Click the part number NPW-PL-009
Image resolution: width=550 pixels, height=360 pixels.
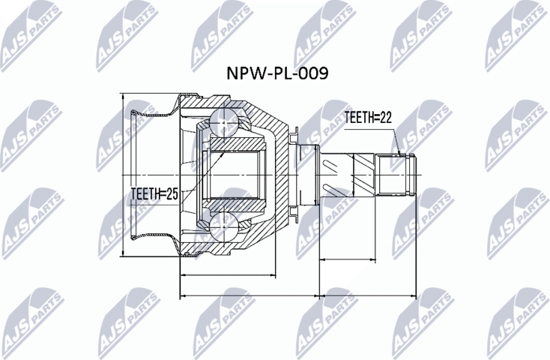277,73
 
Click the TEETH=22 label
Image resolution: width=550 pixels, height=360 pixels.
368,117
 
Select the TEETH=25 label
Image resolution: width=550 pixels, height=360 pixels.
153,194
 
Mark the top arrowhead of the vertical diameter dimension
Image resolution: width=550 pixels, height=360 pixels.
124,94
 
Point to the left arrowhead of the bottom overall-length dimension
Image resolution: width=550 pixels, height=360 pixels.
183,295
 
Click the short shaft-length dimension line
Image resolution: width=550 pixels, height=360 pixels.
367,259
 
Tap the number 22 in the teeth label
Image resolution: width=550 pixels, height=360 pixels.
384,117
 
